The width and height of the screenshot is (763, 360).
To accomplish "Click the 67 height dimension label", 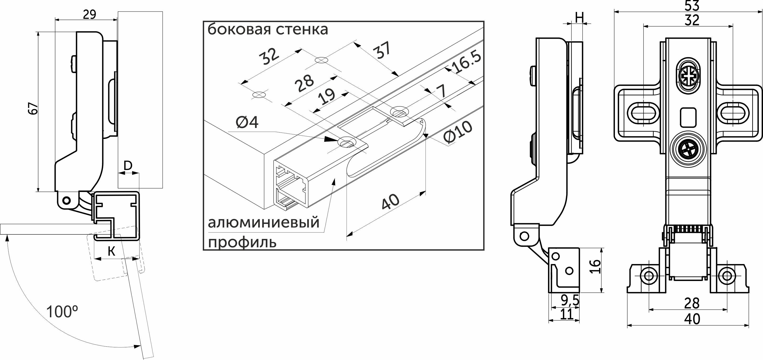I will click(x=34, y=109).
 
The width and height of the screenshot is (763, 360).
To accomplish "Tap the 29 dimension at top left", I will click(x=89, y=14).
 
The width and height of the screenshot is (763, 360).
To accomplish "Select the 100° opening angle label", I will click(x=62, y=312).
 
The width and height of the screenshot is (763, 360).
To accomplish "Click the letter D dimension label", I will click(x=128, y=166).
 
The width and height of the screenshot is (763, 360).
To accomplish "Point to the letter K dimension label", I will click(x=111, y=251).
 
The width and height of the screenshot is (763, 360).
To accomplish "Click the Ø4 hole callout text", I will click(x=247, y=122).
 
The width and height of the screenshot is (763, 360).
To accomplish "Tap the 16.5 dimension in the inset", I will click(x=466, y=63).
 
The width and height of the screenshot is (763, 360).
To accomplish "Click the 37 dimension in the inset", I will click(x=383, y=52).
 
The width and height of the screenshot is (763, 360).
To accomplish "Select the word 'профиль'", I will click(x=242, y=242).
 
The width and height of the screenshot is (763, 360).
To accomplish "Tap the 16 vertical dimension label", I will click(x=595, y=267).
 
